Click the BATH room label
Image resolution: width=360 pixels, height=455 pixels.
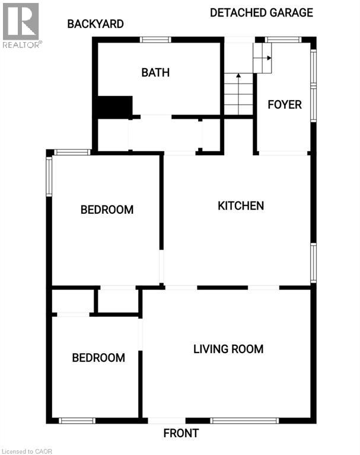coord(155,72)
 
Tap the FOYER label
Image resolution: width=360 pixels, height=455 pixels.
coord(285,105)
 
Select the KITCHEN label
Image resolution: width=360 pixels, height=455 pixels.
coord(241,206)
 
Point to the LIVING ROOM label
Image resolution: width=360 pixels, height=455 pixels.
coord(228,349)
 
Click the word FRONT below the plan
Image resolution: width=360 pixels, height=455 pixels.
coord(181,433)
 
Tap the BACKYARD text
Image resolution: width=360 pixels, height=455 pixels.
coord(95,24)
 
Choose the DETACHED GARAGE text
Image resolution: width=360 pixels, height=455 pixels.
coord(262,13)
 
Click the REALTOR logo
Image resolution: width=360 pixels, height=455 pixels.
coord(22,25)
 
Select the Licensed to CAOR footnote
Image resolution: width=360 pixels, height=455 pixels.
coord(27,451)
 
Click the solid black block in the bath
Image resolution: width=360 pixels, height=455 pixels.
coord(115,107)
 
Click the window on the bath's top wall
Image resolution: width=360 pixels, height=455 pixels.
coord(155,40)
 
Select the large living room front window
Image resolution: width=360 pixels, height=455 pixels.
coord(245,421)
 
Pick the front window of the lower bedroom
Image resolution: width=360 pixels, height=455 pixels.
coord(77,421)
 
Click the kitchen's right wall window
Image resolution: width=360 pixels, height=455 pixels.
coord(314,263)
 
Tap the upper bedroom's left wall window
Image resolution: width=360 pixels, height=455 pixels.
coord(49,177)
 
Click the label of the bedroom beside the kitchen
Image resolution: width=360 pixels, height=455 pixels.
coord(107,210)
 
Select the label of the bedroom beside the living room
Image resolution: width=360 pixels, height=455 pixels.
coord(98,358)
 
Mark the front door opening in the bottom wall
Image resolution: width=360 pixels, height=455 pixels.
coord(167,421)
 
